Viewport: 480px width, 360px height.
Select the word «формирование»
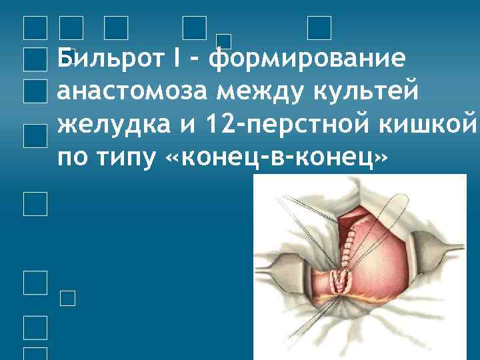(306, 59)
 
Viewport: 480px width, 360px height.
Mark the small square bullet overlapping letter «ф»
(225, 41)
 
